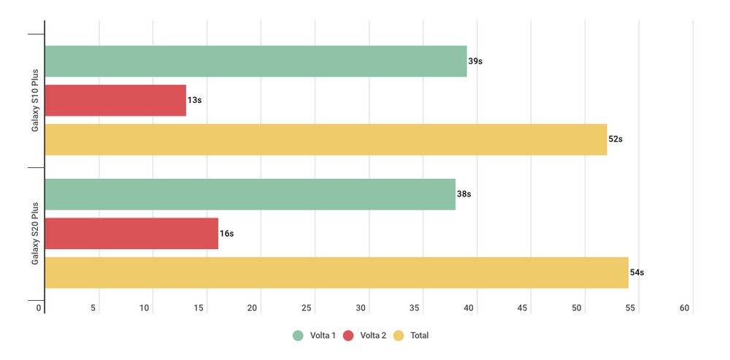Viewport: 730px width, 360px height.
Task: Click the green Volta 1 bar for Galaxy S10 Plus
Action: pos(255,61)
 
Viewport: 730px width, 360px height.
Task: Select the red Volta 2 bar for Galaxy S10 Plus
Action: pos(115,100)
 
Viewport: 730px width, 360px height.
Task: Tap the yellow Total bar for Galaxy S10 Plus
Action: pos(326,139)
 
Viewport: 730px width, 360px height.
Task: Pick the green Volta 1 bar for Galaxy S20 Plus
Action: pos(250,194)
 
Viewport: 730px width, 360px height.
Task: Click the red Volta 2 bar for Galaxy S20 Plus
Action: pos(131,234)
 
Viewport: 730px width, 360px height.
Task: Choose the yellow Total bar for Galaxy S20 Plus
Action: pos(337,272)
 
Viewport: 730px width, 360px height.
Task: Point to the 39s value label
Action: pos(475,61)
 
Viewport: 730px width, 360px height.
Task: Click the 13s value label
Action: pos(194,100)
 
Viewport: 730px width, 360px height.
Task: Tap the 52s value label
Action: pos(615,139)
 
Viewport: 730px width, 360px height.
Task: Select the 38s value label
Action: pos(464,194)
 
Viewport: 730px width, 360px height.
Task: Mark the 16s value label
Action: pos(226,234)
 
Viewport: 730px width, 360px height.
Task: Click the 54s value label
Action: pos(637,272)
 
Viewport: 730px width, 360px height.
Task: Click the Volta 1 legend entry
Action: pos(314,336)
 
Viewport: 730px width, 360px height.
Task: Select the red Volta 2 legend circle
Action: pos(348,336)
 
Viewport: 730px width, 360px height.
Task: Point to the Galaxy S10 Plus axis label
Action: pos(35,100)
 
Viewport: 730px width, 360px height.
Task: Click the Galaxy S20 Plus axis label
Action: pos(35,234)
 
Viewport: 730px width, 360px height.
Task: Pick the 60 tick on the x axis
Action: pos(685,309)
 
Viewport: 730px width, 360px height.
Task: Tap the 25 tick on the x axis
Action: pos(307,309)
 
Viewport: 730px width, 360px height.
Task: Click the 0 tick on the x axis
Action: pos(39,309)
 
